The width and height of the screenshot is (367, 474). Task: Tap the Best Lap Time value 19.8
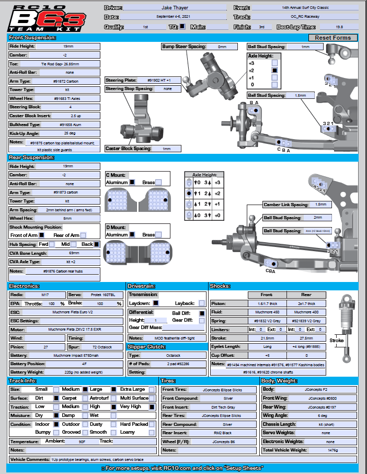pos(339,26)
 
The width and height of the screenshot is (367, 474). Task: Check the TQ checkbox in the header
pos(182,26)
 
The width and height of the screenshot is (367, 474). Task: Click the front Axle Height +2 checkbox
pos(275,70)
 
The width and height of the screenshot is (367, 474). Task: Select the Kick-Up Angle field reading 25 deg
pos(70,134)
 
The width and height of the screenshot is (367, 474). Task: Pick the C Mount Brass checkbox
pos(158,182)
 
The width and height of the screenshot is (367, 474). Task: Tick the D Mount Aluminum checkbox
pos(133,235)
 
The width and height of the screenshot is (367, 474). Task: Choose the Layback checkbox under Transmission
pos(201,303)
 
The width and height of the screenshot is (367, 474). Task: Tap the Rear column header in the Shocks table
pos(306,295)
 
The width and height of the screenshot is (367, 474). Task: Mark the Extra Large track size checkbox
pos(152,389)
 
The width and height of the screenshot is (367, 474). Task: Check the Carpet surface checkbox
pos(85,398)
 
